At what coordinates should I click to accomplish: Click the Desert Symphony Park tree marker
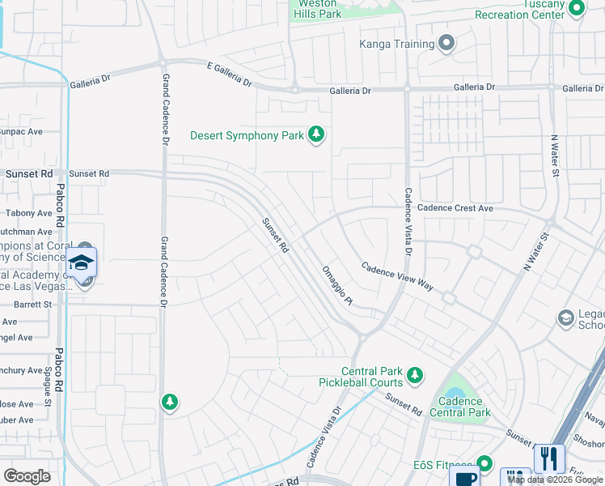click(317, 135)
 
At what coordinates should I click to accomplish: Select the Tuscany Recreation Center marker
click(576, 9)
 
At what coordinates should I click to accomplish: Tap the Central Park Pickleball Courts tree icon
click(415, 374)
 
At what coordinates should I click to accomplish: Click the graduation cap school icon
click(82, 262)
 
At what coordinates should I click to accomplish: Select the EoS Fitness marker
click(484, 463)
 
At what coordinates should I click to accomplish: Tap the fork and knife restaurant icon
click(549, 458)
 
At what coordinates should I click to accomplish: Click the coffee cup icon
click(466, 478)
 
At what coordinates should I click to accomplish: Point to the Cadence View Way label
click(397, 276)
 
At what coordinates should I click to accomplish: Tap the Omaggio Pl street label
click(337, 286)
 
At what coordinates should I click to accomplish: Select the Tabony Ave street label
click(29, 214)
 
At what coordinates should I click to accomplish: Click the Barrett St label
click(32, 305)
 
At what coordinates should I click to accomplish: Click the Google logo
click(27, 476)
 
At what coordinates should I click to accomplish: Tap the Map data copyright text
click(555, 480)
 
